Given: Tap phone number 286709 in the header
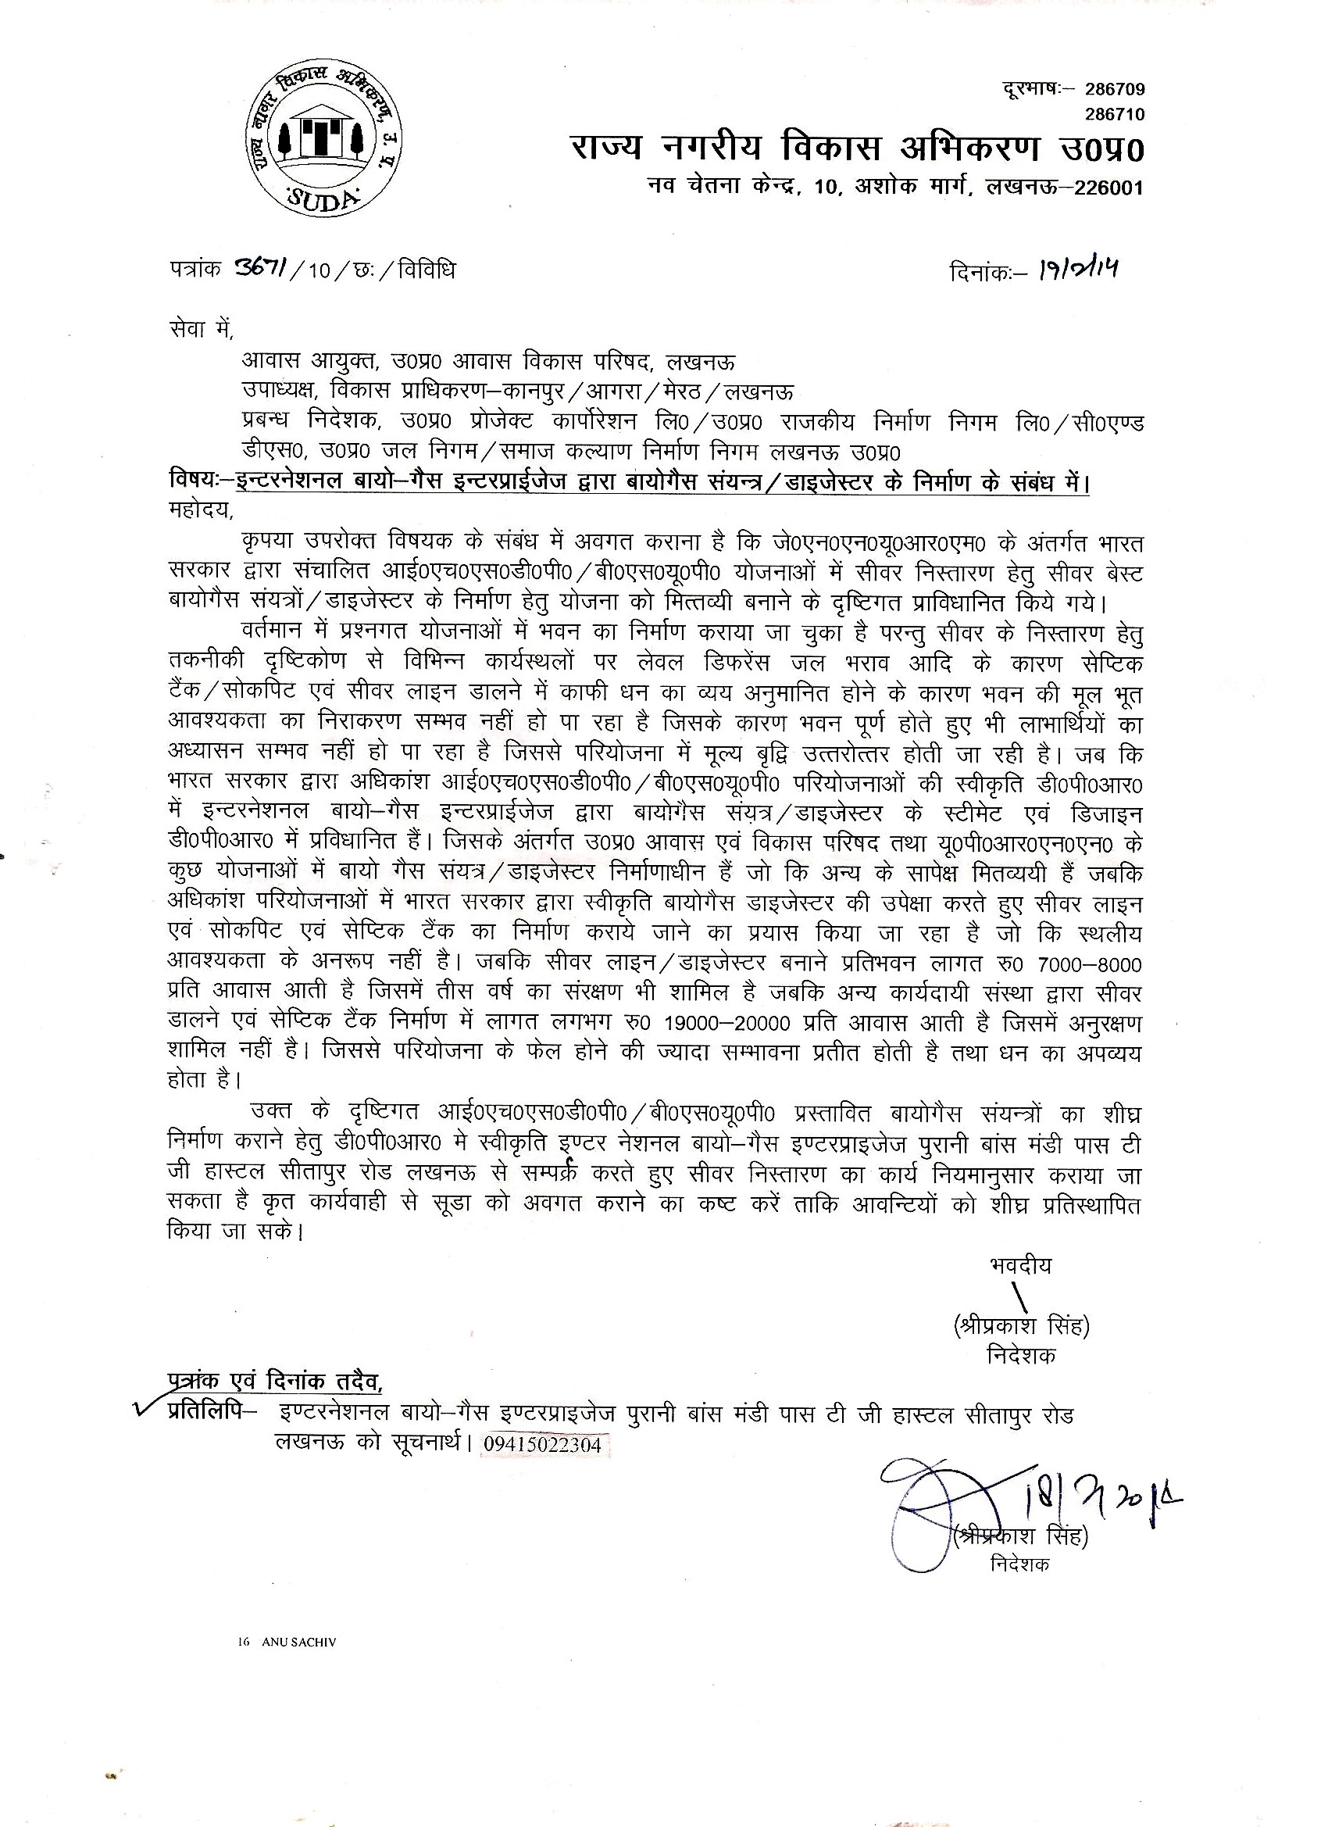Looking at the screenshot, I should [x=1114, y=89].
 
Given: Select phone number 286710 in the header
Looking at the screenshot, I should [x=1114, y=114].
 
